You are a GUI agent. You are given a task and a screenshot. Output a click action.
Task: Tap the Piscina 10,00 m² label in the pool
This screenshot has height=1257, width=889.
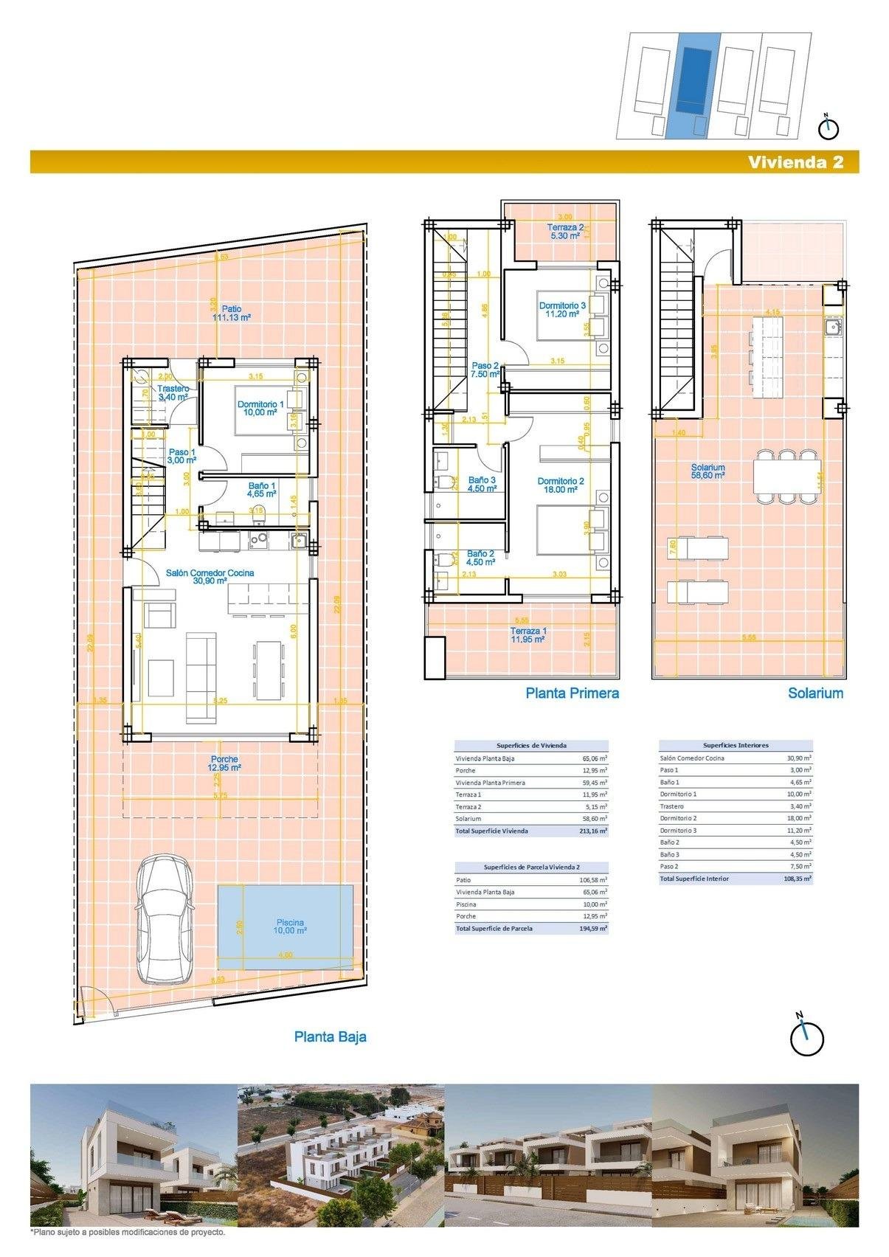[x=290, y=927]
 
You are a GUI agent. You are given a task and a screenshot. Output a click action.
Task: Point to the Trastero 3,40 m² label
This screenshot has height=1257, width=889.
[x=173, y=392]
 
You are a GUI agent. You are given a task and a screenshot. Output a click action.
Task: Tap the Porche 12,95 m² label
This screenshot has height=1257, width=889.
[x=224, y=763]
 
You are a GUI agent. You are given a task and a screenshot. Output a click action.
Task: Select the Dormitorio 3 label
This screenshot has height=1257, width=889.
[x=562, y=309]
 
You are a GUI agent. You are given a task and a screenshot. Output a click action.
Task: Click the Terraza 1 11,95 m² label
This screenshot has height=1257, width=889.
[x=528, y=635]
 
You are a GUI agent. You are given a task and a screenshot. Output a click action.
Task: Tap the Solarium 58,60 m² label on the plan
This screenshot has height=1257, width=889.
[x=708, y=471]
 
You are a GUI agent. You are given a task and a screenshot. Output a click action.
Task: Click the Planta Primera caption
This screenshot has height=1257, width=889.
[x=572, y=693]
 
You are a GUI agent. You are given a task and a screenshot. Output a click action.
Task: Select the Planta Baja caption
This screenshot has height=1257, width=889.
[x=330, y=1036]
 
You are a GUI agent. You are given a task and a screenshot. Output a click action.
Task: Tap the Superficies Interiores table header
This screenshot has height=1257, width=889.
[x=736, y=745]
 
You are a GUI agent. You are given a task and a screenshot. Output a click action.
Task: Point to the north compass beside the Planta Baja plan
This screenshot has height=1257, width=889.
[x=806, y=1038]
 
